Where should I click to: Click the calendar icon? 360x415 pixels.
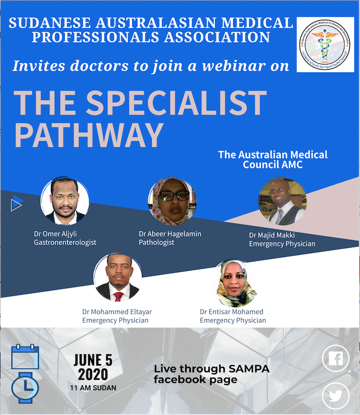click(x=25, y=356)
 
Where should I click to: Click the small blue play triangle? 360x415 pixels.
click(x=17, y=203)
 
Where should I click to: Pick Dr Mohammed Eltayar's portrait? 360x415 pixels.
click(x=117, y=278)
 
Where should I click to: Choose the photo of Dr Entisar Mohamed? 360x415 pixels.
click(x=237, y=284)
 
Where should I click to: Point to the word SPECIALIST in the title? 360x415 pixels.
click(x=176, y=103)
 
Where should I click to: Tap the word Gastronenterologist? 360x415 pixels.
click(x=65, y=242)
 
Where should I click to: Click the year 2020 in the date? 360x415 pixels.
click(x=93, y=374)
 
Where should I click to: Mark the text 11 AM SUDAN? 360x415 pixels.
click(x=93, y=387)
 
